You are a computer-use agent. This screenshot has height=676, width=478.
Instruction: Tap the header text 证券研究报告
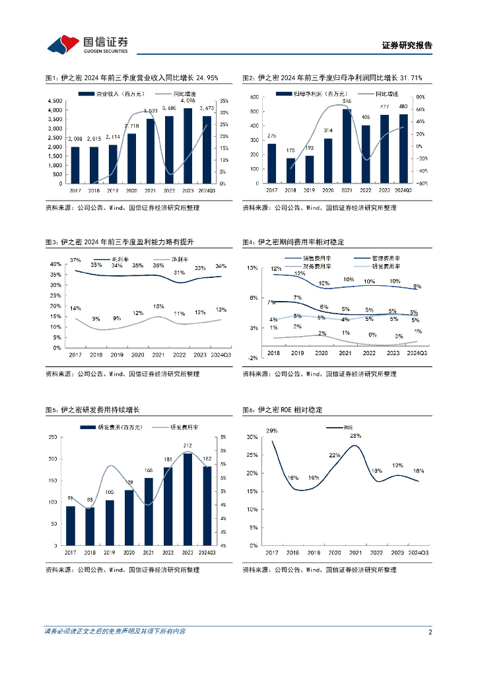pyautogui.click(x=407, y=46)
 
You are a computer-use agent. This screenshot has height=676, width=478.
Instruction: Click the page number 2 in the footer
pyautogui.click(x=430, y=632)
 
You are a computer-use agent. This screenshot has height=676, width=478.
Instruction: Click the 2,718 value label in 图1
pyautogui.click(x=131, y=125)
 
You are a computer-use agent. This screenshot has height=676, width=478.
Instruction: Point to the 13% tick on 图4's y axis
pyautogui.click(x=253, y=268)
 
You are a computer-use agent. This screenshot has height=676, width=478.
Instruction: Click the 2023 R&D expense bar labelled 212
pyautogui.click(x=188, y=499)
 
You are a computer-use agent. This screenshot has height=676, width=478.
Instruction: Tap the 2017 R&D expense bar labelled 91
pyautogui.click(x=71, y=526)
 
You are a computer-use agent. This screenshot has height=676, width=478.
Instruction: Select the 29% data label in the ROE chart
pyautogui.click(x=271, y=431)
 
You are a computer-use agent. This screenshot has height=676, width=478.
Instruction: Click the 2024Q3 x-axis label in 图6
pyautogui.click(x=419, y=552)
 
